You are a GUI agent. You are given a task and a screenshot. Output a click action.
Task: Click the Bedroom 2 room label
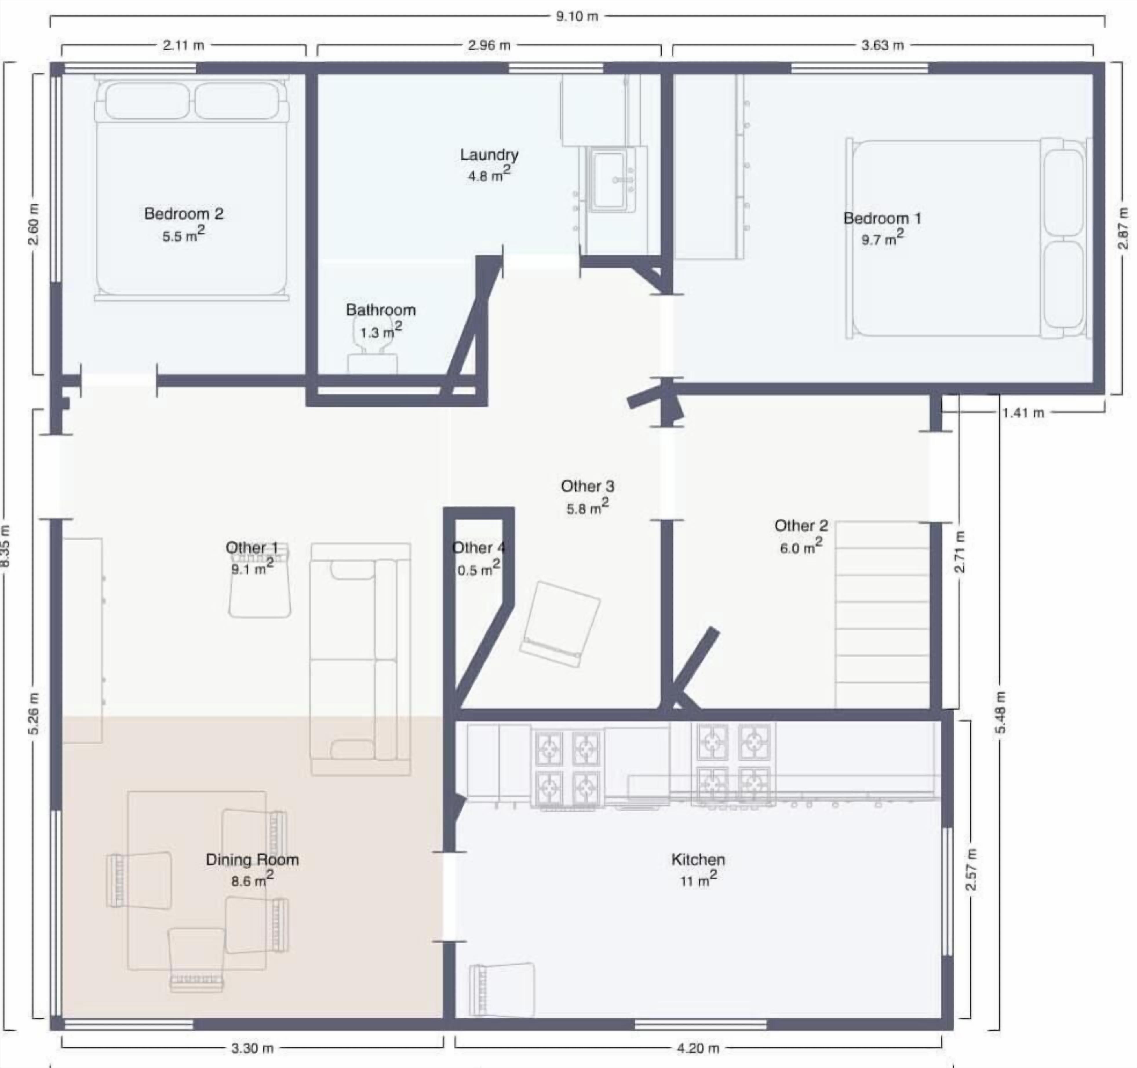tap(184, 214)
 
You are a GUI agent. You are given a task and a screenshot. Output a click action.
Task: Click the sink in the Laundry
tap(611, 180)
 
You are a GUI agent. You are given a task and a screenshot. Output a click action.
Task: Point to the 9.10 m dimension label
tap(577, 16)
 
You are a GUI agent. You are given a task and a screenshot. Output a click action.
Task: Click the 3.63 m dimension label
tap(883, 45)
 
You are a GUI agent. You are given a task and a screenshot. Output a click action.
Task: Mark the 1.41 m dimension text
tap(1023, 413)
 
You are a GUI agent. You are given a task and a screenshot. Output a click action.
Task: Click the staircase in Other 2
tap(882, 615)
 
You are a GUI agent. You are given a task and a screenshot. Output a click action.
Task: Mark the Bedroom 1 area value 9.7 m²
tap(883, 238)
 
